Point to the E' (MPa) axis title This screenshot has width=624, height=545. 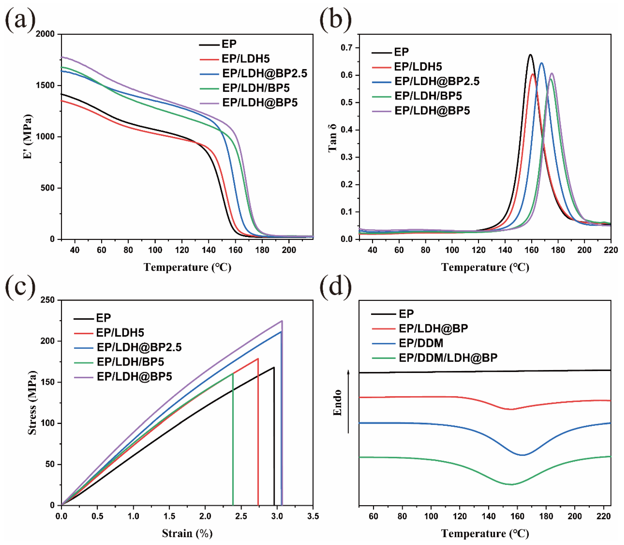click(28, 137)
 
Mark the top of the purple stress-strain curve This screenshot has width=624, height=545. click(282, 321)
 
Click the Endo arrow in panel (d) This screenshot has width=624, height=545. click(349, 401)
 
